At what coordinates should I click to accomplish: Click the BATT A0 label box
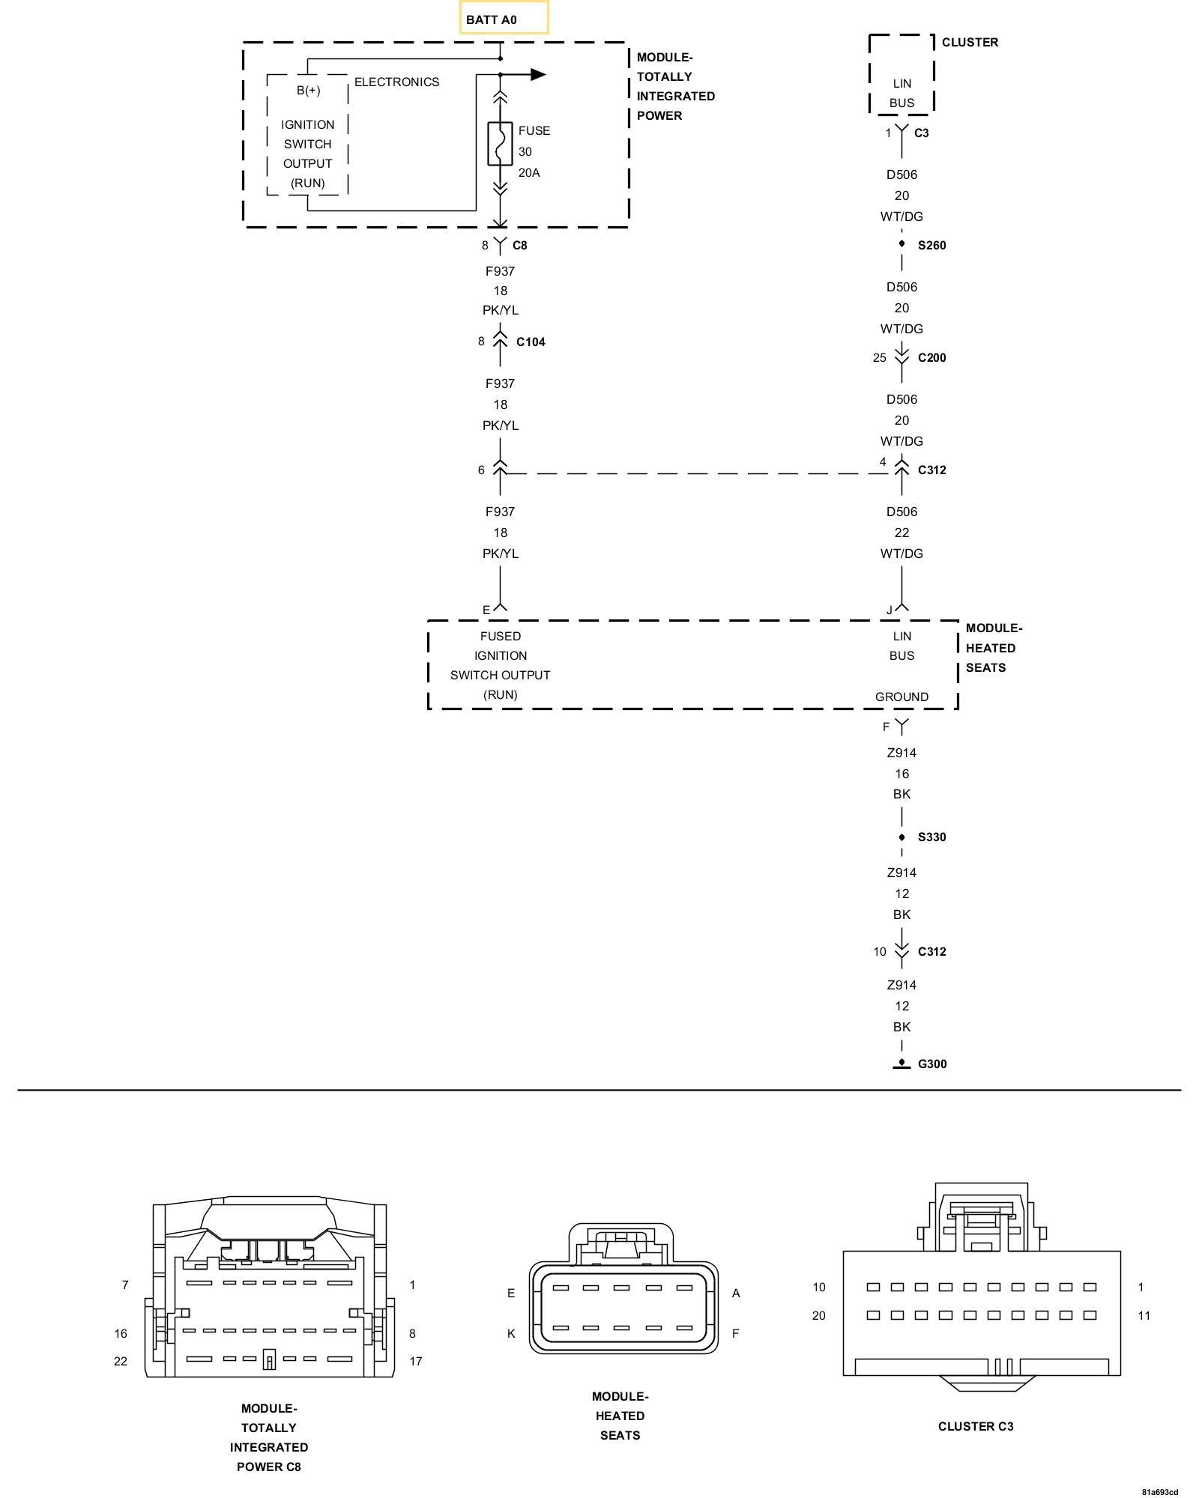pyautogui.click(x=504, y=19)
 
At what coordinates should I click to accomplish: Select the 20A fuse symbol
pyautogui.click(x=500, y=144)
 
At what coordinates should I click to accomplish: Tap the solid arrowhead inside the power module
pyautogui.click(x=537, y=74)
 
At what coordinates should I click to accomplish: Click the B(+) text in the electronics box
pyautogui.click(x=308, y=91)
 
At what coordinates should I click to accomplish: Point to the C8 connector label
pyautogui.click(x=520, y=246)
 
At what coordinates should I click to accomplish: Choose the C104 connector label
pyautogui.click(x=531, y=342)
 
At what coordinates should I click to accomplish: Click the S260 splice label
pyautogui.click(x=931, y=246)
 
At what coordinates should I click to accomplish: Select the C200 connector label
pyautogui.click(x=931, y=358)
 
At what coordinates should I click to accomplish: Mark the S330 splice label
pyautogui.click(x=931, y=837)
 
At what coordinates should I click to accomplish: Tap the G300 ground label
pyautogui.click(x=932, y=1064)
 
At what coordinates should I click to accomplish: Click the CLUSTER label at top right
pyautogui.click(x=970, y=43)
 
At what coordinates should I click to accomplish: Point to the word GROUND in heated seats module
pyautogui.click(x=901, y=697)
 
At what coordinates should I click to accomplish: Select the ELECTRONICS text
pyautogui.click(x=396, y=82)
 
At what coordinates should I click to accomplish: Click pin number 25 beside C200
pyautogui.click(x=879, y=358)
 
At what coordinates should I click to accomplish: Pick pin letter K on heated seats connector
pyautogui.click(x=511, y=1333)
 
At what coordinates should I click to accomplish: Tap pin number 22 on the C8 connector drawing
pyautogui.click(x=121, y=1361)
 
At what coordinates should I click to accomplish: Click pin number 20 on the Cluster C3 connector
pyautogui.click(x=818, y=1315)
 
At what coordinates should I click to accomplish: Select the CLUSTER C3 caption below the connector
pyautogui.click(x=976, y=1427)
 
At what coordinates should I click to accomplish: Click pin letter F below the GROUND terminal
pyautogui.click(x=886, y=727)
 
